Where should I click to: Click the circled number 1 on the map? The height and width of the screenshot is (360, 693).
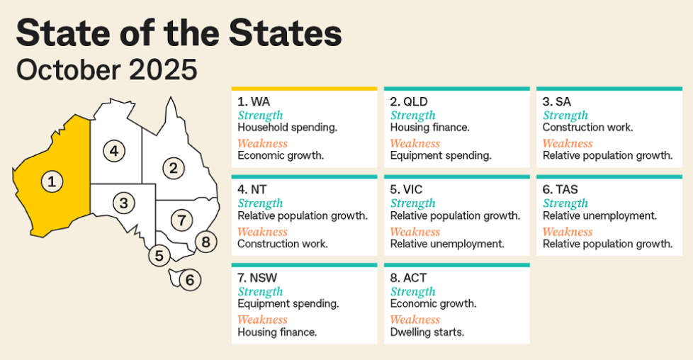point(51,181)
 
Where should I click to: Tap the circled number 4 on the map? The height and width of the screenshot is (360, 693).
point(113,150)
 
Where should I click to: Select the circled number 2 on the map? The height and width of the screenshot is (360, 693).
point(173,168)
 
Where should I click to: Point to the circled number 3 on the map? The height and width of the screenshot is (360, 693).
point(123,203)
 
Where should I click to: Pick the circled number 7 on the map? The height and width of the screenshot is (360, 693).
point(182,220)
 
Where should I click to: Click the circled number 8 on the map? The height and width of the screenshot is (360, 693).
point(205,242)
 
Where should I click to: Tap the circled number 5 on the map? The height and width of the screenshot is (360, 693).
point(159,256)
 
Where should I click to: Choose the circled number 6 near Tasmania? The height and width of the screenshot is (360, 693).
point(189,280)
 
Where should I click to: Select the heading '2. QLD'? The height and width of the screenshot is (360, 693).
point(409,102)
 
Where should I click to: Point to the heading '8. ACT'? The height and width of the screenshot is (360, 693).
point(408,278)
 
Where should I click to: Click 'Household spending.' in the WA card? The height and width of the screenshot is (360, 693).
point(278,128)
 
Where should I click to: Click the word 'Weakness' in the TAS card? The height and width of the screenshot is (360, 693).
point(568,232)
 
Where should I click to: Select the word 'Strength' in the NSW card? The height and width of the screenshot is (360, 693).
point(260,291)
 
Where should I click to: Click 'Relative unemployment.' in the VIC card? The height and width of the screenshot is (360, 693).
point(447,244)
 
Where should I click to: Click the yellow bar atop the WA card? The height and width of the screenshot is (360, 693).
point(304,89)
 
